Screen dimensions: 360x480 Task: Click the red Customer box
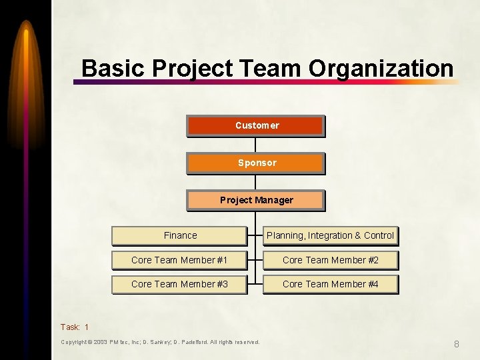click(x=255, y=125)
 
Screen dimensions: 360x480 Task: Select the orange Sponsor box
click(x=255, y=163)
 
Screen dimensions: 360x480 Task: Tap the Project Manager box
click(x=255, y=200)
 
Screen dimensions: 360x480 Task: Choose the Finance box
click(x=179, y=235)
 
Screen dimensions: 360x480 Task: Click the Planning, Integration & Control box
click(x=330, y=235)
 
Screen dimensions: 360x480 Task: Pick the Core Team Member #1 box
click(x=179, y=260)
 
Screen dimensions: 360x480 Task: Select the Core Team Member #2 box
click(x=330, y=260)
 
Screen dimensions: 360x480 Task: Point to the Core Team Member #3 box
click(x=179, y=284)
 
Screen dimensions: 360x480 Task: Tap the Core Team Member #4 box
click(x=330, y=284)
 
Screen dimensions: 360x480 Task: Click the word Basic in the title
click(x=113, y=68)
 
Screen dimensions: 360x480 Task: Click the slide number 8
click(x=457, y=344)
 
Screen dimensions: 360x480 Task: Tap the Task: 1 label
click(x=74, y=327)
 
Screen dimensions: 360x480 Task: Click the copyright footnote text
click(x=160, y=342)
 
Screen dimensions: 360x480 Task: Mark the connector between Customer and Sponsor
click(x=255, y=145)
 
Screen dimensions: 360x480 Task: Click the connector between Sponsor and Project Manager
click(x=255, y=182)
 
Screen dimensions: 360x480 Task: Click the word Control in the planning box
click(x=379, y=235)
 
